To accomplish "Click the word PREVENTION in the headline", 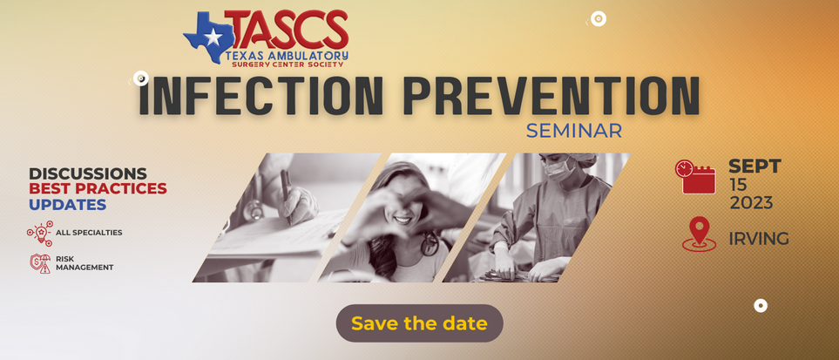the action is pyautogui.click(x=551, y=97).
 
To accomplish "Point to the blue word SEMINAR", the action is pyautogui.click(x=573, y=131).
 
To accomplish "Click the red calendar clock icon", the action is pyautogui.click(x=695, y=176).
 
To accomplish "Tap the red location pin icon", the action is pyautogui.click(x=699, y=234).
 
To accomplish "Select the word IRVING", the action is pyautogui.click(x=759, y=238).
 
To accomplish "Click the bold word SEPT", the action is pyautogui.click(x=755, y=166).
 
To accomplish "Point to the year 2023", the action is pyautogui.click(x=751, y=203).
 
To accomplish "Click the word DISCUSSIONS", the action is pyautogui.click(x=88, y=173).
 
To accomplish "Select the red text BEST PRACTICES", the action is pyautogui.click(x=98, y=188).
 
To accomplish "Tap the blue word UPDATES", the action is pyautogui.click(x=67, y=204).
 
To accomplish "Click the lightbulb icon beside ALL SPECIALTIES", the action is pyautogui.click(x=40, y=233).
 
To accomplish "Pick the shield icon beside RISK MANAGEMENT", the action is pyautogui.click(x=40, y=263).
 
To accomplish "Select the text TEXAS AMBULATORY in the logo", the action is pyautogui.click(x=287, y=55).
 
